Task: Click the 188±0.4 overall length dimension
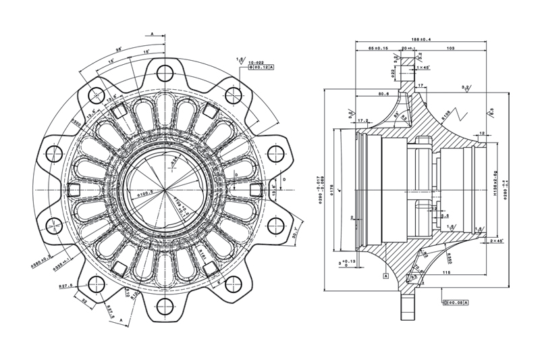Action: coord(421,39)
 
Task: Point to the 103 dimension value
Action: coord(449,49)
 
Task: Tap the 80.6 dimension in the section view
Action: coord(383,94)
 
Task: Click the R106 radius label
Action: coord(447,116)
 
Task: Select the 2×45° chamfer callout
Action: coord(497,240)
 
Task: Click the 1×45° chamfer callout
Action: coord(423,68)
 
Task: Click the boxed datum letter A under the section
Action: coord(385,276)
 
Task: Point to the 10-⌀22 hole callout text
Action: coord(257,62)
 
